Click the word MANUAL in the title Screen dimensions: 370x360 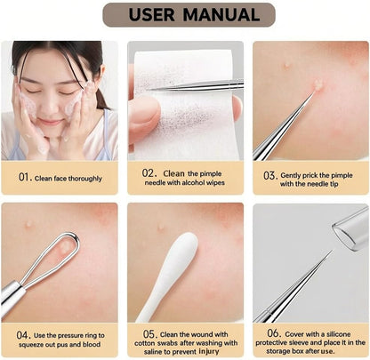coord(221,15)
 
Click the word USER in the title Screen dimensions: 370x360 coord(151,15)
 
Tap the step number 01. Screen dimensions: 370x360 coord(25,177)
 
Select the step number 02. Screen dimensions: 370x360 coord(149,173)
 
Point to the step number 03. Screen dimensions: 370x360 coord(270,175)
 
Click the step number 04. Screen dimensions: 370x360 coord(23,335)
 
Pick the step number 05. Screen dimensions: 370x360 coord(150,334)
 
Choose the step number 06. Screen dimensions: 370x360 coord(274,333)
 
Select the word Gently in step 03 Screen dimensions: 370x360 coord(291,175)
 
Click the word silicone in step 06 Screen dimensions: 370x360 coord(339,334)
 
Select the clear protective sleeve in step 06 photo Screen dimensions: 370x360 coord(351,228)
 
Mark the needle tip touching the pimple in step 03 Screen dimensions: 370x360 coord(315,92)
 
